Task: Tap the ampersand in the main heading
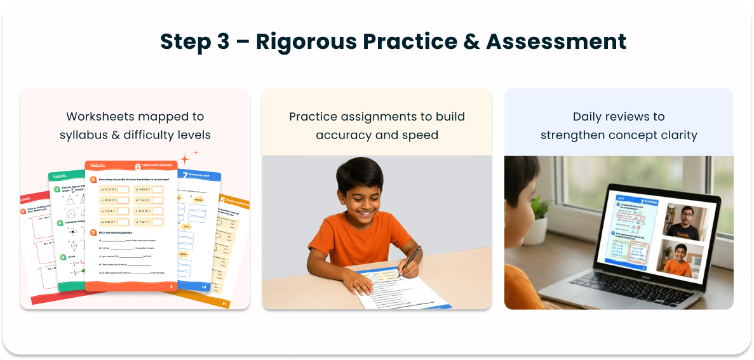467,42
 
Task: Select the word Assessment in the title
556,42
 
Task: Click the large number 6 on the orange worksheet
138,167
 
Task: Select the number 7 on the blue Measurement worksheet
185,175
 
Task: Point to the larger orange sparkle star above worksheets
185,159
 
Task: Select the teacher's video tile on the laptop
685,221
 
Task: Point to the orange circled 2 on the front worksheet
93,180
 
